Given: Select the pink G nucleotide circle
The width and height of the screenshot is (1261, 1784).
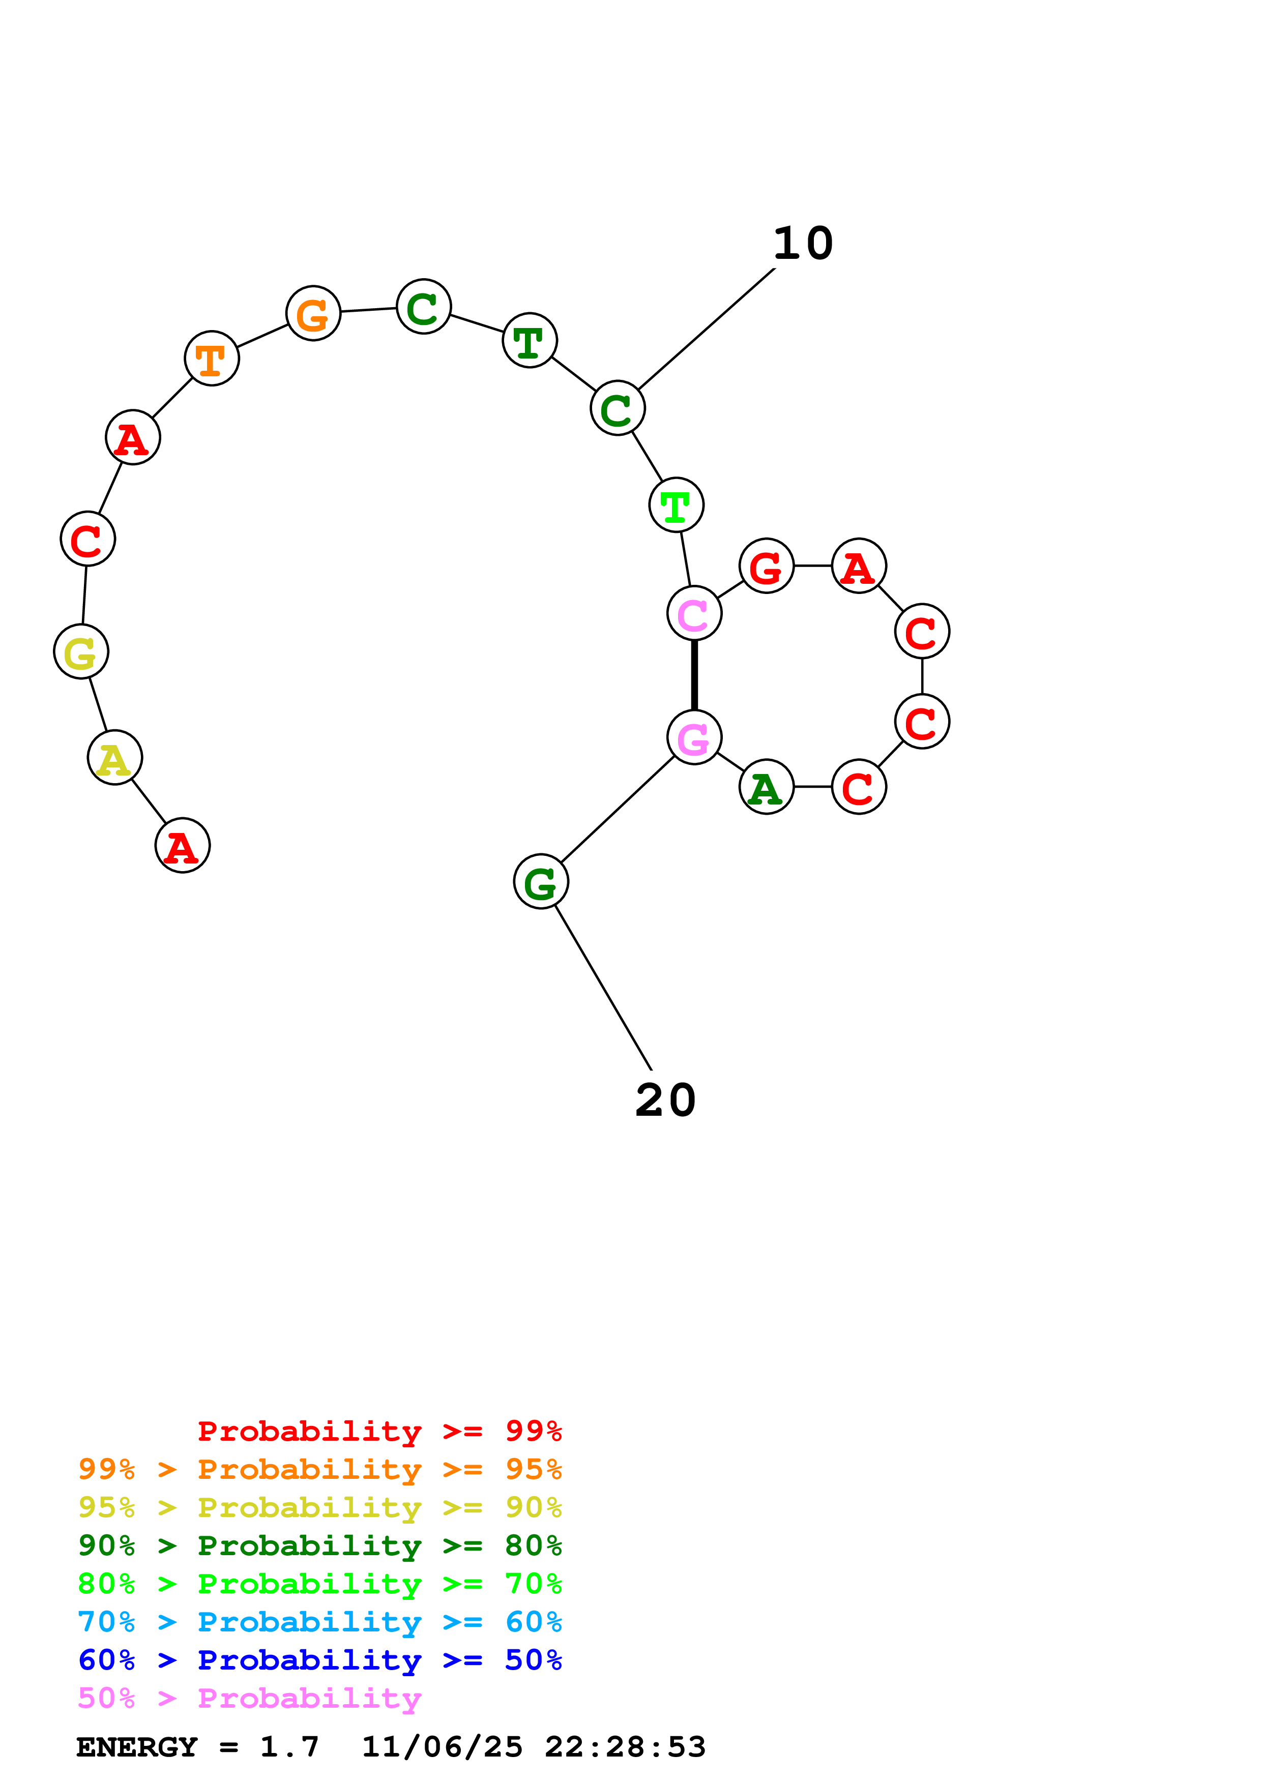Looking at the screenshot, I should pos(694,736).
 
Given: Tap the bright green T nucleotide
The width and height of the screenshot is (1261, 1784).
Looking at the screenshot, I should pos(676,505).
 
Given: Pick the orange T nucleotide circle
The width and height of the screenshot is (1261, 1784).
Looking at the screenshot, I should pos(211,358).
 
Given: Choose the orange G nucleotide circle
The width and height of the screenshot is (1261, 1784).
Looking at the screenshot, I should pos(313,313).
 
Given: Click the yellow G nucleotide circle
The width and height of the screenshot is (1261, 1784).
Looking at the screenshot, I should pos(81,651).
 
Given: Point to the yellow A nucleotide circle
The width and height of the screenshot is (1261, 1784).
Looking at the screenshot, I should pos(115,758).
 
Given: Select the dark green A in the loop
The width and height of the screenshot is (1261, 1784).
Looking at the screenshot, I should pos(766,787).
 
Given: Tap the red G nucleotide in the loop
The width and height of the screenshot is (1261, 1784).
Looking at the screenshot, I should pos(766,566).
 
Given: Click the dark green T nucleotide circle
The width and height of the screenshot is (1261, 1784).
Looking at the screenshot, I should pos(530,340).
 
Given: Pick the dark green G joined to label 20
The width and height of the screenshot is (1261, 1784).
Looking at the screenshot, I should pos(541,882).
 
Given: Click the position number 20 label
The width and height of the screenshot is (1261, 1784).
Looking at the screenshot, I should pos(665,1100).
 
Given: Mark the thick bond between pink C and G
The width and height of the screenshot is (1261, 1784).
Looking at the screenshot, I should pos(694,675).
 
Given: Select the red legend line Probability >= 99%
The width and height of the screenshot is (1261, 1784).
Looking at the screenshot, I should pos(379,1431).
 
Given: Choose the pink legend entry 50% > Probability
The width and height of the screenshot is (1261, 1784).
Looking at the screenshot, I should pos(249,1699).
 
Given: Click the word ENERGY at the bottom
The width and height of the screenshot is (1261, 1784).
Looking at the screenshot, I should pos(137,1747).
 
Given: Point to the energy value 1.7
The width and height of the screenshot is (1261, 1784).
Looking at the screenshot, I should pos(289,1747).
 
